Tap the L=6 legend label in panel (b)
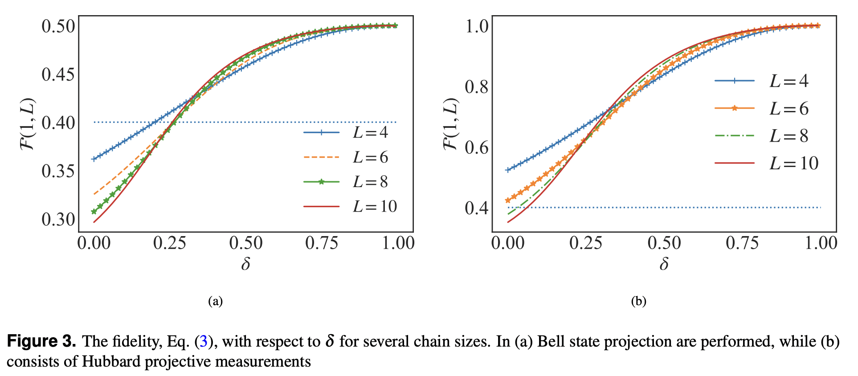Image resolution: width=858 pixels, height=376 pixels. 789,109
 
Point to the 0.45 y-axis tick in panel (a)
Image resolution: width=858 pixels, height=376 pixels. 58,74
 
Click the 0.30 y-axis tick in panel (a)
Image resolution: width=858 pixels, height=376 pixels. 58,219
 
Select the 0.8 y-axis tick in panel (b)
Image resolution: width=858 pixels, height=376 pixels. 477,87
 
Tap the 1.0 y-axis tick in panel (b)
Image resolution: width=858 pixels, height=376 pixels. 477,26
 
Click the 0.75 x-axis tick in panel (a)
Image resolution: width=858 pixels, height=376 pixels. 322,243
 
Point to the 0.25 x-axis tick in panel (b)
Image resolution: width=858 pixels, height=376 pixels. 586,243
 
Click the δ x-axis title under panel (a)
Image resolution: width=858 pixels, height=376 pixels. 245,264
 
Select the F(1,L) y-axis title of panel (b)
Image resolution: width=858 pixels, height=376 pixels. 451,124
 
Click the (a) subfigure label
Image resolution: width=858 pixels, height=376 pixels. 215,302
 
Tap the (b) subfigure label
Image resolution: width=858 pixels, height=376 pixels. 638,302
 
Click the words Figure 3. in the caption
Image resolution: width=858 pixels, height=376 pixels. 41,342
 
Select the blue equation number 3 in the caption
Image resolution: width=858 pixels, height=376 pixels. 204,342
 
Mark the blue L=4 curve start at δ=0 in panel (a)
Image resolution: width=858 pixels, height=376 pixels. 94,159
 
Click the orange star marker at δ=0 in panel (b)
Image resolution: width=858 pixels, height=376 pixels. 507,200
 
